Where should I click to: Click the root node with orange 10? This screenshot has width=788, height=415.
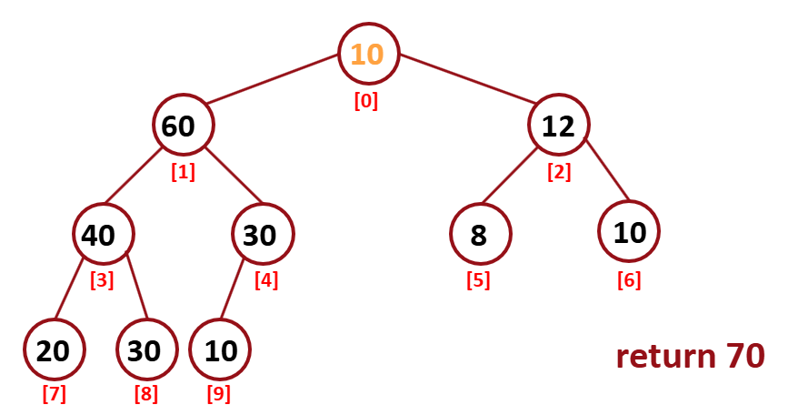click(x=368, y=54)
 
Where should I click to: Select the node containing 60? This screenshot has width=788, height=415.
click(x=183, y=126)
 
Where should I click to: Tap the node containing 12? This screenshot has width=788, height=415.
click(x=558, y=126)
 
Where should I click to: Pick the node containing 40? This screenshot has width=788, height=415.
click(x=103, y=235)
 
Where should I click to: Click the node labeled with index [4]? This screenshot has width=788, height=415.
click(x=262, y=235)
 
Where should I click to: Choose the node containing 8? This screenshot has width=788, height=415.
click(x=479, y=235)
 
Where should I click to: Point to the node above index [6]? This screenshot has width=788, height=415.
click(x=629, y=232)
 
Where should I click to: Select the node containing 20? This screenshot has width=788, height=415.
click(x=54, y=350)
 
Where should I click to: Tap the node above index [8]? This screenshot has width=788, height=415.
click(x=145, y=350)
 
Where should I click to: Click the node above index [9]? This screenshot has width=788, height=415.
click(x=220, y=350)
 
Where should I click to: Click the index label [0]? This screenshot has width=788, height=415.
click(x=366, y=101)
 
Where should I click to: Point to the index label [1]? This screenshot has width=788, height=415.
click(x=183, y=171)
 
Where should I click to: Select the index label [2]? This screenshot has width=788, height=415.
click(x=559, y=171)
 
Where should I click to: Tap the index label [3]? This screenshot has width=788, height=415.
click(x=102, y=280)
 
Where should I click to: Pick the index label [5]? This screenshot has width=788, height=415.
click(x=478, y=280)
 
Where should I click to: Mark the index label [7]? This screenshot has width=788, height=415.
click(x=55, y=395)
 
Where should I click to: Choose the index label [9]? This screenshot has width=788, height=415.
click(x=220, y=395)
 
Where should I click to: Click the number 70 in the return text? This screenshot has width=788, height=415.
click(x=744, y=356)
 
